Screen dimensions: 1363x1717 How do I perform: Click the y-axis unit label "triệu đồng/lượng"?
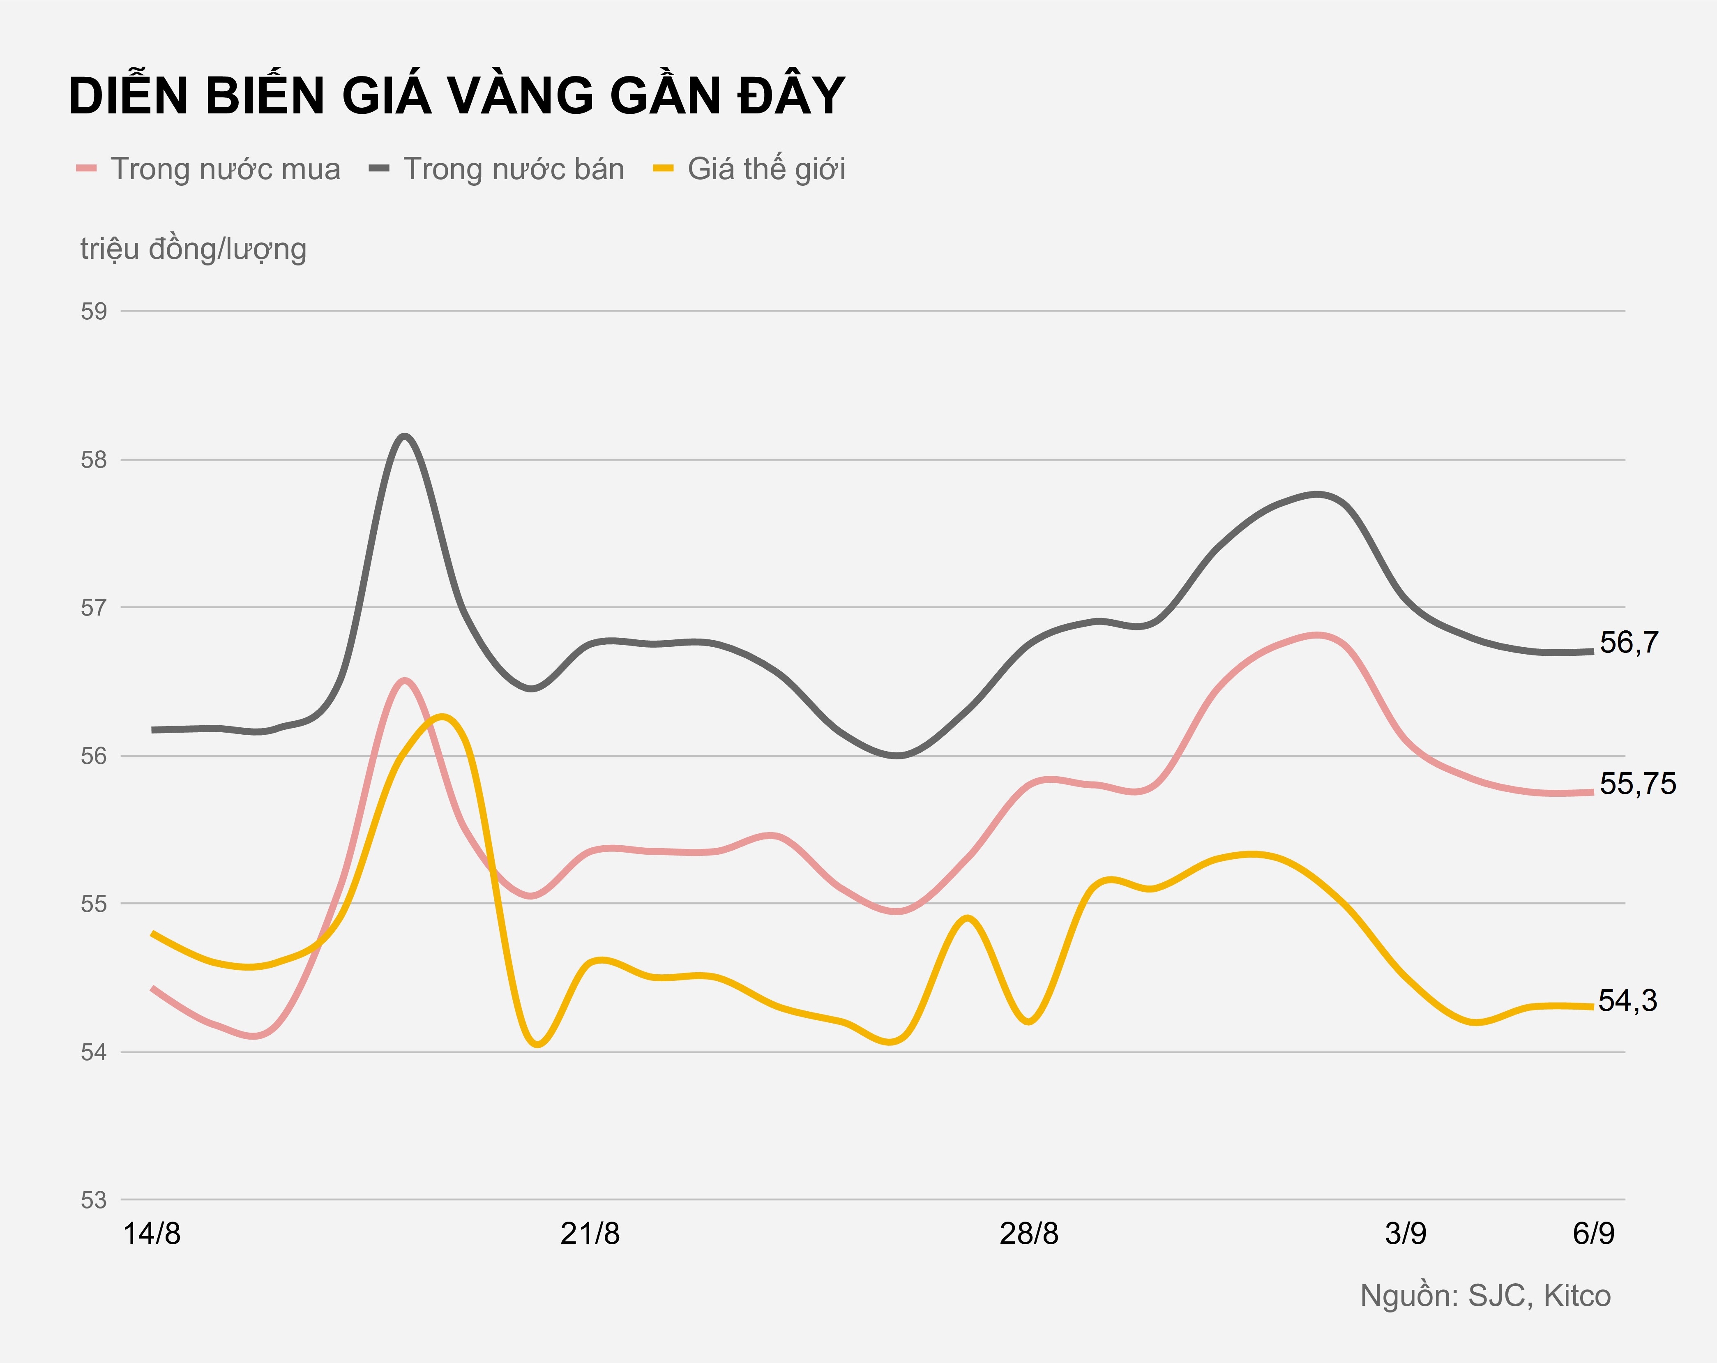click(194, 249)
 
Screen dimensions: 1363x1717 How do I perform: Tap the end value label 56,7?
click(1629, 643)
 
